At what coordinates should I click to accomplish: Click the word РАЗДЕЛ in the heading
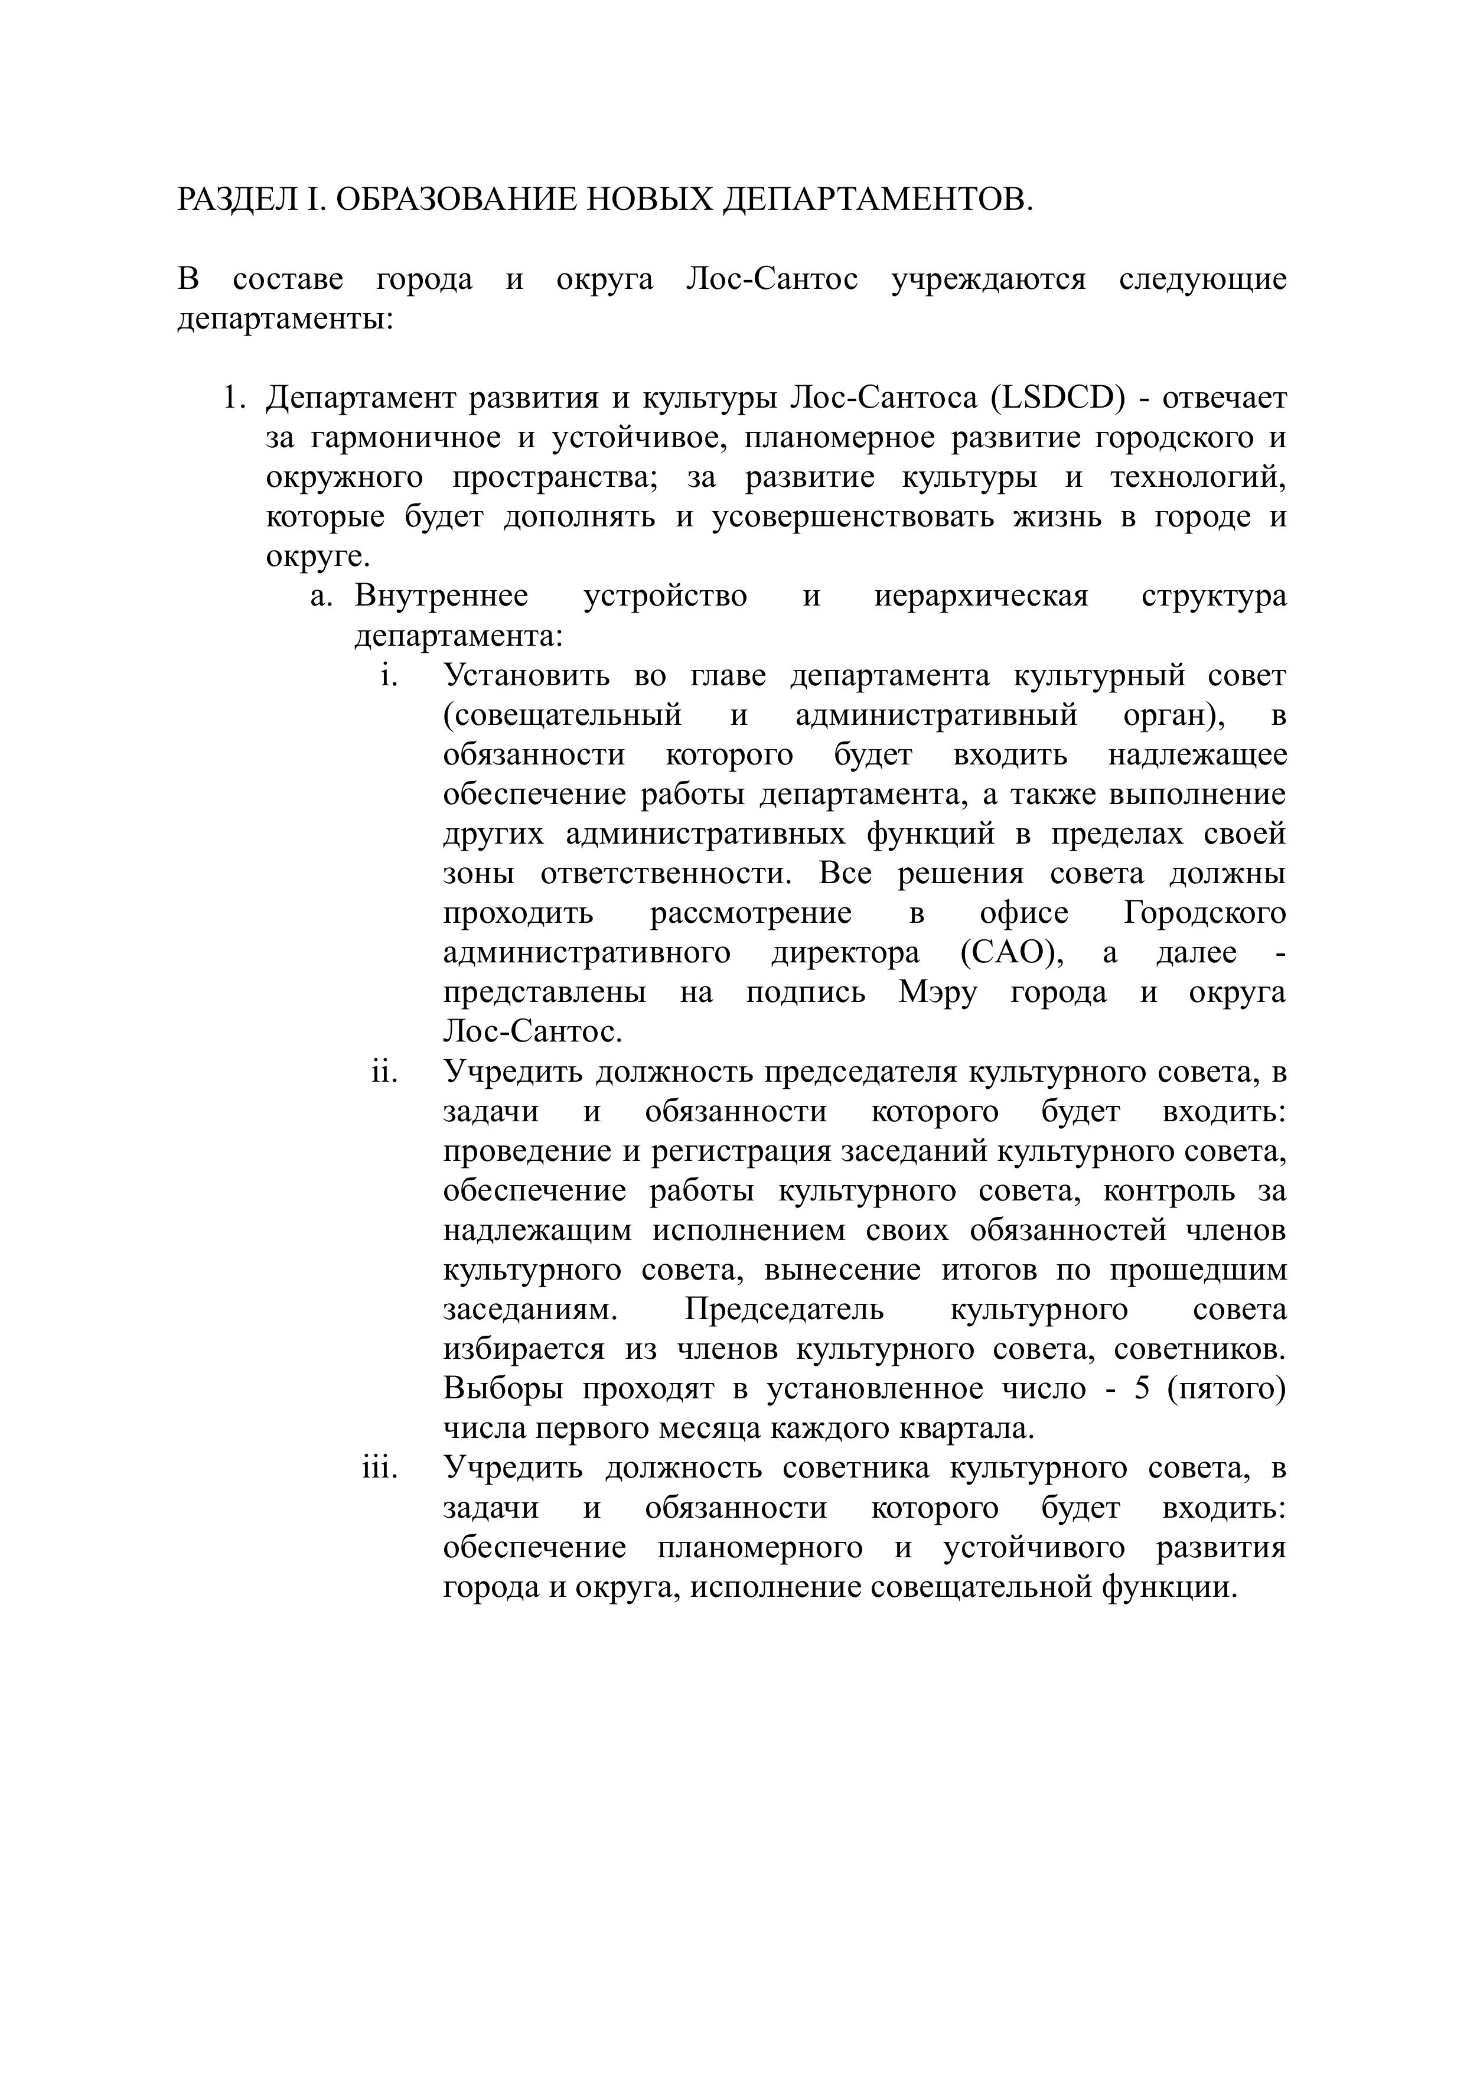237,200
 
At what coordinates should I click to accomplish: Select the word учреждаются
988,279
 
